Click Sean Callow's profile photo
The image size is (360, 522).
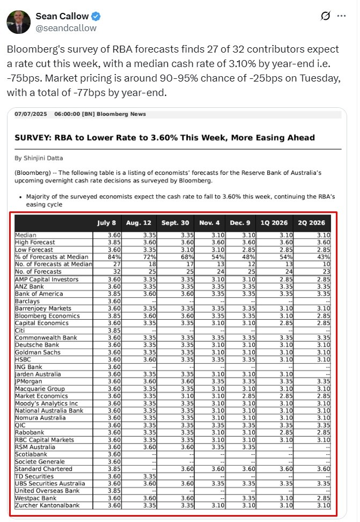19,21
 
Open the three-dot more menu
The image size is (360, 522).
341,16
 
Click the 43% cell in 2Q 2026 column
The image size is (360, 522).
324,258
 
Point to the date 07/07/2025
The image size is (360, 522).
30,114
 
